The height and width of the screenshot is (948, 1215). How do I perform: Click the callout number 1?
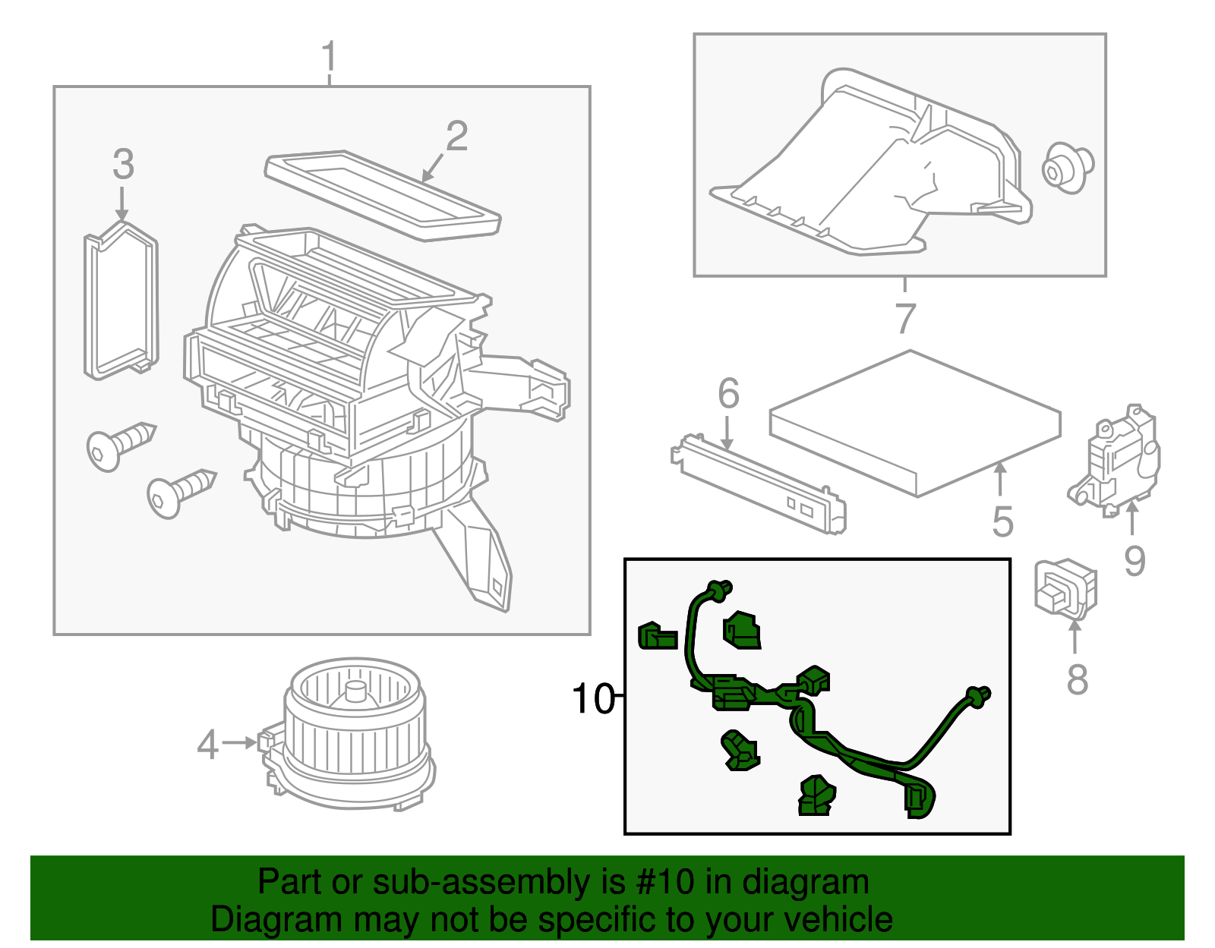point(328,57)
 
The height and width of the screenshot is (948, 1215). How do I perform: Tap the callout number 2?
point(456,137)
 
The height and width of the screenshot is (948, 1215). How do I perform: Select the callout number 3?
point(123,165)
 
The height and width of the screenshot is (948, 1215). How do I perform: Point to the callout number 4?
point(207,745)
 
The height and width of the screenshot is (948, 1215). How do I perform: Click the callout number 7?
point(904,318)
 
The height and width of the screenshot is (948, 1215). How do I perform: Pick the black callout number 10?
point(593,698)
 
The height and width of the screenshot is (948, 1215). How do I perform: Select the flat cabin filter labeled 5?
point(915,421)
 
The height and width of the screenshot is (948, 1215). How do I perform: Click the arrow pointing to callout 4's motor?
point(241,742)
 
